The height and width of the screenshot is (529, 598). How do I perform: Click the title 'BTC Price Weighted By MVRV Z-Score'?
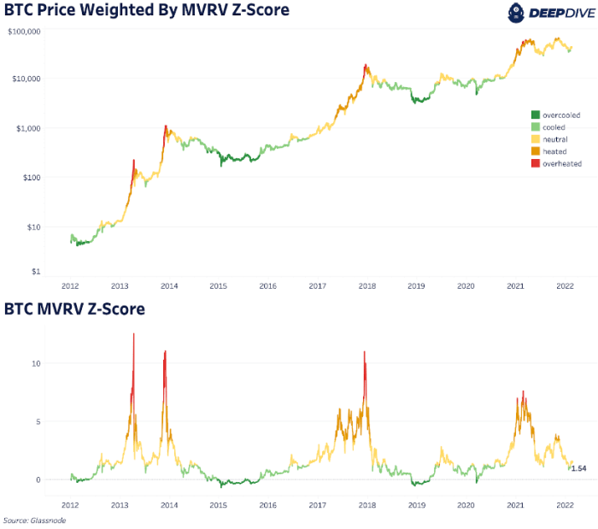point(146,10)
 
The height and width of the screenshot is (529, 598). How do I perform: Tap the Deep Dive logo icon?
point(516,12)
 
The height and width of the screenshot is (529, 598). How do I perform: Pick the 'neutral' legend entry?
point(554,138)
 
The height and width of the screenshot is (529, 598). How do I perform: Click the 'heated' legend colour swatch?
point(535,151)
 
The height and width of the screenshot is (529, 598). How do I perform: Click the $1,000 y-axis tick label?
point(26,128)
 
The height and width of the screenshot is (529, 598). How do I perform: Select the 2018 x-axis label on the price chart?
point(366,287)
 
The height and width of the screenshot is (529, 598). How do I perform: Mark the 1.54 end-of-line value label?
point(577,468)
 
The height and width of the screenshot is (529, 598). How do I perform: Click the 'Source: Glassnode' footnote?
point(33,520)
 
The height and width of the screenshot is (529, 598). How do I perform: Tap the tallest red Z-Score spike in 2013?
point(134,335)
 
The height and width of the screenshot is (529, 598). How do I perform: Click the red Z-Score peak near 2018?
point(365,353)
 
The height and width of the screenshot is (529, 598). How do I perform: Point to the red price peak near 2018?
point(366,65)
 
